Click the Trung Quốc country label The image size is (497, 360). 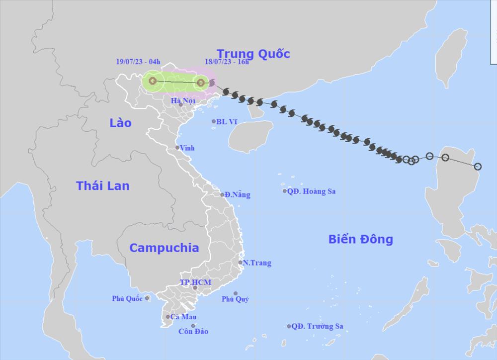pos(253,54)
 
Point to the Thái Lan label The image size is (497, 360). pos(102,185)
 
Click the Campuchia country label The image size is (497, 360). pos(164,248)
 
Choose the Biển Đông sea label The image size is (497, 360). pos(360,239)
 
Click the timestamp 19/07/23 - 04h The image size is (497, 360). pos(136,62)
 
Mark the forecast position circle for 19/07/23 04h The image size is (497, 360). pos(153,81)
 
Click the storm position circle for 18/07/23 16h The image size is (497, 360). pos(200,83)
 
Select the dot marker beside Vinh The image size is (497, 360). pos(177,148)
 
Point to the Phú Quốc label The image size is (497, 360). pos(127,298)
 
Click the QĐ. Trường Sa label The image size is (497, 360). pos(317,327)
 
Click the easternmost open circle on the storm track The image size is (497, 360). pos(478,167)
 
